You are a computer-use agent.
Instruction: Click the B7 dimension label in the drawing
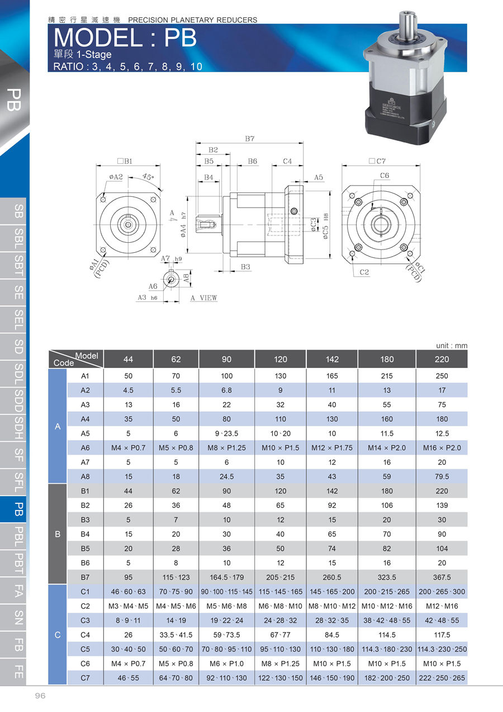tap(250, 139)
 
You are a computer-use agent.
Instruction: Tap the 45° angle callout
tap(148, 176)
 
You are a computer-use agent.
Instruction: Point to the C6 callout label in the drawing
tap(385, 176)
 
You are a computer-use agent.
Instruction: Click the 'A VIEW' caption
tap(203, 298)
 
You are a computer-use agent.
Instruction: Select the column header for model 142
tap(332, 359)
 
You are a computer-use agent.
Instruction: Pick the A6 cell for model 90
tap(226, 448)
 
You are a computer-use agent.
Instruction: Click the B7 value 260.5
tap(332, 577)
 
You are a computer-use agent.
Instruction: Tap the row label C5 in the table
tap(85, 649)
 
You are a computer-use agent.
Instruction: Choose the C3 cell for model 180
tap(387, 620)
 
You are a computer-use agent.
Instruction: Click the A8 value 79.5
tap(442, 477)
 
